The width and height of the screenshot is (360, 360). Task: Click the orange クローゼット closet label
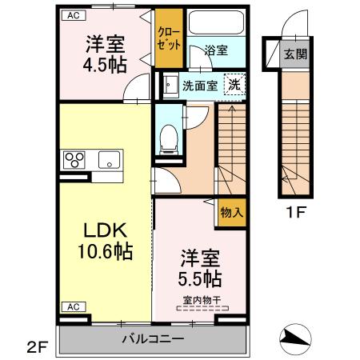168,38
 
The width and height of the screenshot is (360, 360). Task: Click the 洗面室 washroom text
199,84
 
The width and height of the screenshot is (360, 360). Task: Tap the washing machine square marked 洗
234,83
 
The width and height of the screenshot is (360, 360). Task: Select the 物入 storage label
231,214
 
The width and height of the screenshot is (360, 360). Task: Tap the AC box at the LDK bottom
72,307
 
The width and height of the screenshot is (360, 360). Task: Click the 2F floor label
37,346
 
